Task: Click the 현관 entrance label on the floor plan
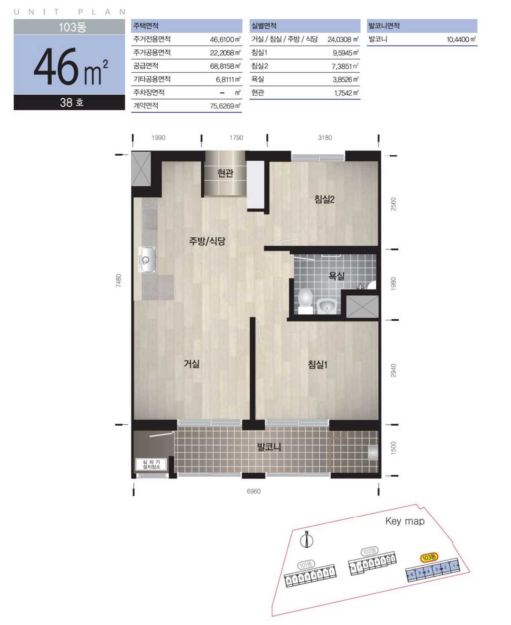coord(225,173)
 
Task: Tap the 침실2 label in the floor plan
coord(324,199)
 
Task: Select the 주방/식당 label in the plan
coord(207,241)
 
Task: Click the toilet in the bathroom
coord(305,301)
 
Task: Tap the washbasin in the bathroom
coord(327,306)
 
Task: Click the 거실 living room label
coord(191,364)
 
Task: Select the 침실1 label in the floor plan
coord(317,364)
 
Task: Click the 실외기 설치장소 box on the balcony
coord(151,464)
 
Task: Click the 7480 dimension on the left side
coord(118,280)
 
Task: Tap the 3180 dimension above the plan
coord(325,138)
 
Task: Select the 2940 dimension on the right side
coord(393,370)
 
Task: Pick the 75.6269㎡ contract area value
coord(225,106)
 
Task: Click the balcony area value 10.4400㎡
coord(461,40)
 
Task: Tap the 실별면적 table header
coord(264,26)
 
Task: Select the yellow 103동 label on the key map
coord(429,557)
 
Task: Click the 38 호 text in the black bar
coord(72,102)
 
